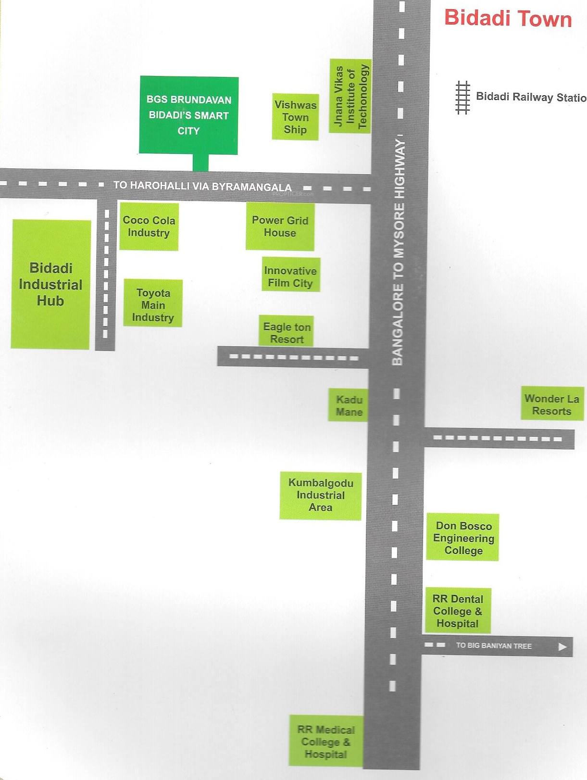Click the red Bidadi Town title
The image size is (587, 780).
[508, 19]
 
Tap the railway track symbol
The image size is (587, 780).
[462, 97]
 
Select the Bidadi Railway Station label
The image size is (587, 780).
[530, 97]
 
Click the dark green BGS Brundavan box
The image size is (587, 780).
[188, 115]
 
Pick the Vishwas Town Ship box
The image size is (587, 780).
[295, 117]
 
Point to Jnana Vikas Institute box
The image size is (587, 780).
[350, 96]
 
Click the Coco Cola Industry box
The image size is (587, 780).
[149, 226]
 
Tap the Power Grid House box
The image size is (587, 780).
[280, 226]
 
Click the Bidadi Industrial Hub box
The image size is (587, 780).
[50, 284]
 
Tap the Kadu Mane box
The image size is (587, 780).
[349, 405]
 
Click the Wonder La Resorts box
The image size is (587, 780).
[552, 404]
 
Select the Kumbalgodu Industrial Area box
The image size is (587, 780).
[321, 495]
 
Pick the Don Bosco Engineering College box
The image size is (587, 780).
[462, 538]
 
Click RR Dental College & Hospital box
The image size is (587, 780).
[458, 611]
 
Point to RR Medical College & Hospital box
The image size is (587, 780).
[326, 741]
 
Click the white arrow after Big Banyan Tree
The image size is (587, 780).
[562, 647]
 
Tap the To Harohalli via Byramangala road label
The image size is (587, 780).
[202, 186]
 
